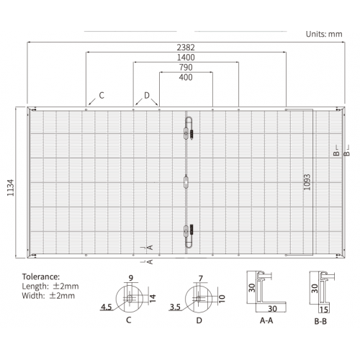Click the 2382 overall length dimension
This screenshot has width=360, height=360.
(186, 48)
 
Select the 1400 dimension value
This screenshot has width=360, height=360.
(186, 58)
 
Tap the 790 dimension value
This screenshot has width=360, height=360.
(186, 68)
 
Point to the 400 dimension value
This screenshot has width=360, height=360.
(186, 77)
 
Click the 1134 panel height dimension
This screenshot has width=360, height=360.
(11, 188)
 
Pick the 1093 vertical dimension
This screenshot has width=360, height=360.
(307, 182)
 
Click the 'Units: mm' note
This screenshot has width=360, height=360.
(324, 34)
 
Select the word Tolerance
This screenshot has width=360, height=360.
(41, 276)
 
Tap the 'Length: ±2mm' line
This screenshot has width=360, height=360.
(50, 286)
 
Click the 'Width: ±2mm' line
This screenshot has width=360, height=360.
(48, 295)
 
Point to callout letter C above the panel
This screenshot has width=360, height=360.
(102, 95)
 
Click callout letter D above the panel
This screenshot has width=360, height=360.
(147, 95)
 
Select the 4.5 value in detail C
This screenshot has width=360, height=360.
(107, 307)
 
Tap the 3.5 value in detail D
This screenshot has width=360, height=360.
(175, 307)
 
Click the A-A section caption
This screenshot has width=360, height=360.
(266, 320)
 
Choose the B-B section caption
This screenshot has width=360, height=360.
(320, 321)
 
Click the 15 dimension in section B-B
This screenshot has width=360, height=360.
(324, 310)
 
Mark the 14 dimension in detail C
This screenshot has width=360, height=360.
(153, 298)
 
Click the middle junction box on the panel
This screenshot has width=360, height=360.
(186, 182)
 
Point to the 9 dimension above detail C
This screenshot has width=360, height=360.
(131, 278)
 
